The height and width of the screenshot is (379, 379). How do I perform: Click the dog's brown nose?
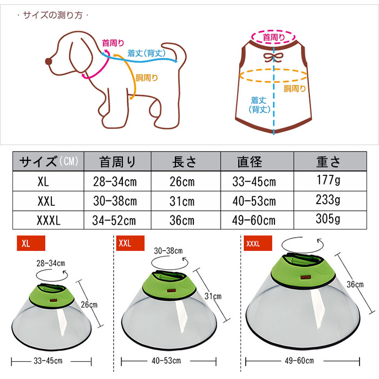tap(49, 61)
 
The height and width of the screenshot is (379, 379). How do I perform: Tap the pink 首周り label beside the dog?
tap(113, 43)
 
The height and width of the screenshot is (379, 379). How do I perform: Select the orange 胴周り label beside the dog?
tap(147, 78)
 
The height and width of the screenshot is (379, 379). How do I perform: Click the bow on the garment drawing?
tap(273, 57)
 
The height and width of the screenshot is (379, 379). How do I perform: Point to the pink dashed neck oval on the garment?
tap(273, 31)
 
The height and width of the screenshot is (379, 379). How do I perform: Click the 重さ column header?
tap(328, 162)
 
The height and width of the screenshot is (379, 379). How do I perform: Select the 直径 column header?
tap(250, 162)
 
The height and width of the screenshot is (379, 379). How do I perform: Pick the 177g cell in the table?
tap(328, 180)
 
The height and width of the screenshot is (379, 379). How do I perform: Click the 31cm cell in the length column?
tap(182, 201)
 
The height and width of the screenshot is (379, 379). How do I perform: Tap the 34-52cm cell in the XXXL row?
tap(114, 220)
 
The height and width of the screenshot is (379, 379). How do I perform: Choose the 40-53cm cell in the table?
tap(254, 201)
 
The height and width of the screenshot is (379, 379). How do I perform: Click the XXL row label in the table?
tap(46, 201)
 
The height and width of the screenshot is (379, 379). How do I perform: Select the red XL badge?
tap(31, 243)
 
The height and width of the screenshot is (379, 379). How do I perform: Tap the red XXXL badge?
tap(258, 243)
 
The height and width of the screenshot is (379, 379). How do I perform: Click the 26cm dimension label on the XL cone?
tap(89, 304)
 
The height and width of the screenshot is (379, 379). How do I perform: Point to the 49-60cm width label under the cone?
tap(299, 361)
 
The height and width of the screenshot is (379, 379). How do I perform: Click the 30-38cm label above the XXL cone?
tap(168, 251)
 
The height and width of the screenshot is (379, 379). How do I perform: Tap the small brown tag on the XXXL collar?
tap(304, 277)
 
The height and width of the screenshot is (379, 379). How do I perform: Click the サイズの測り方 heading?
tap(53, 15)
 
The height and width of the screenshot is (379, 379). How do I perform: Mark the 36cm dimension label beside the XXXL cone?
tap(355, 284)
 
